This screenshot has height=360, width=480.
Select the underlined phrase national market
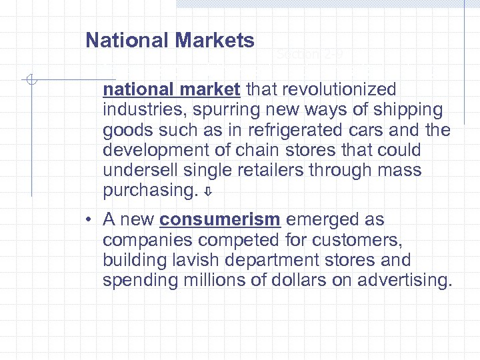pos(173,89)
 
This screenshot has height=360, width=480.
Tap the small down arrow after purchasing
pos(207,192)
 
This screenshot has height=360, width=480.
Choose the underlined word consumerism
pos(220,220)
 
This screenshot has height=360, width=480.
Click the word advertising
pos(404,281)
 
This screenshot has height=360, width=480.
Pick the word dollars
pos(293,281)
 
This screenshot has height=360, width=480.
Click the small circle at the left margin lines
pos(31,80)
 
